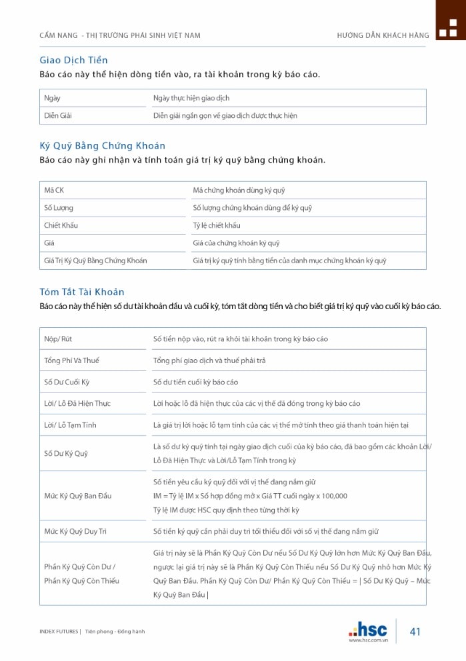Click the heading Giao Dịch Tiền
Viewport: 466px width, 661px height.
[73, 60]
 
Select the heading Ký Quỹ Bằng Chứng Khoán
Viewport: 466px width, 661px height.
[102, 145]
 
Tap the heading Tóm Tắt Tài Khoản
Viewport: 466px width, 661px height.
[81, 292]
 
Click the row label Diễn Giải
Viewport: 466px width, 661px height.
[58, 115]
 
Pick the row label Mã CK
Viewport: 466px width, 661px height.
[54, 191]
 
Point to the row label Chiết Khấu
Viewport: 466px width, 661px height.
[61, 225]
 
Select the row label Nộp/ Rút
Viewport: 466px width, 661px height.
[58, 339]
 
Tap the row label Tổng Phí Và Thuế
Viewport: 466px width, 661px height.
[71, 360]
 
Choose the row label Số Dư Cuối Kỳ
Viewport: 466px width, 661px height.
[67, 382]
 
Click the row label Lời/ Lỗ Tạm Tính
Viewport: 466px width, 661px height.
[70, 425]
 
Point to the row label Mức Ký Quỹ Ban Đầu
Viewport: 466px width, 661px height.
[78, 496]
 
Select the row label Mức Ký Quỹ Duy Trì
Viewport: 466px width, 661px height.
[75, 531]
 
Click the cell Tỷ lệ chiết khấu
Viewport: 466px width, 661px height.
[217, 225]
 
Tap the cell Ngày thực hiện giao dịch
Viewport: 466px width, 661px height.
[191, 98]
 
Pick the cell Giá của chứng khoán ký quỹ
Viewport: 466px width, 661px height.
[236, 243]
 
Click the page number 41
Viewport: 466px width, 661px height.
[415, 632]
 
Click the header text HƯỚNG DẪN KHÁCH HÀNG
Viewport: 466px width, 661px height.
[383, 35]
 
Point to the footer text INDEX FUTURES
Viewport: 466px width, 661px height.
[59, 632]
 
